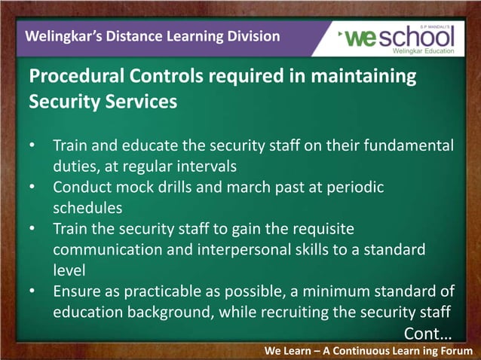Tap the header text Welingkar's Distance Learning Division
152,36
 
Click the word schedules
87,206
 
